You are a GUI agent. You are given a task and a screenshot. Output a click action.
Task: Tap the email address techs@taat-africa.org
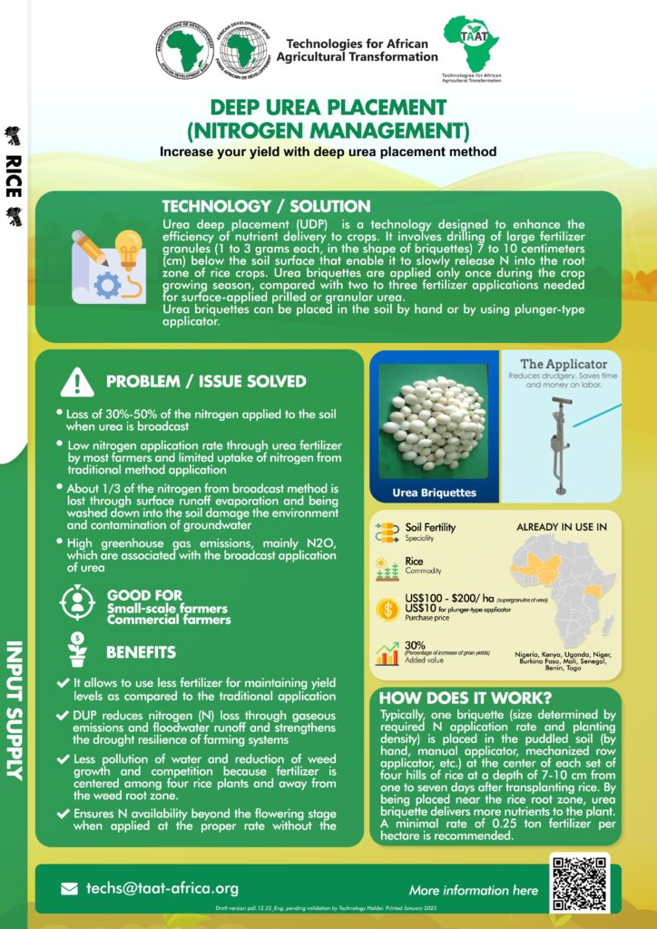click(x=162, y=888)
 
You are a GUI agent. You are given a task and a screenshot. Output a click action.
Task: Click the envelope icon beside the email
click(x=70, y=889)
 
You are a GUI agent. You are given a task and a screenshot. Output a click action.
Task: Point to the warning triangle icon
click(x=76, y=382)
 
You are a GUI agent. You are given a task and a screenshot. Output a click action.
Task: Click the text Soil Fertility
click(x=430, y=527)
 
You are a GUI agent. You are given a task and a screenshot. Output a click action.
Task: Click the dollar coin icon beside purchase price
click(x=387, y=610)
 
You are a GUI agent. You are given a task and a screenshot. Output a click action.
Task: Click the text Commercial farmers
click(x=168, y=620)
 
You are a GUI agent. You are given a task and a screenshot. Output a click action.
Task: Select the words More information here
click(x=473, y=890)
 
